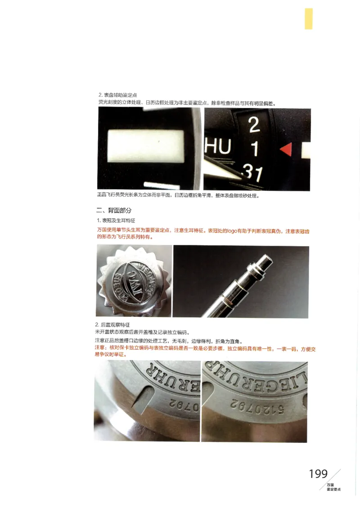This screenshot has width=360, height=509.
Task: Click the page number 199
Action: tap(318, 474)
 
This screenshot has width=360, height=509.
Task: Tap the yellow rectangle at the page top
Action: tap(308, 18)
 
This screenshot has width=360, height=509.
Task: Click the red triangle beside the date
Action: tap(286, 149)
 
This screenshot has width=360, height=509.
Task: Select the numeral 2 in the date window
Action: tap(254, 125)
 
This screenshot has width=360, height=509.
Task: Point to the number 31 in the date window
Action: tap(252, 173)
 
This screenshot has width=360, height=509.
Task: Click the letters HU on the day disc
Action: tap(218, 147)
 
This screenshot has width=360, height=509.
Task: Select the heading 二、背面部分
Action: tap(114, 211)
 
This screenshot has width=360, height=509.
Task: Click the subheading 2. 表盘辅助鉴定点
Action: tap(117, 95)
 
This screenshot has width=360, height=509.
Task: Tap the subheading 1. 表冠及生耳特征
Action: tap(116, 221)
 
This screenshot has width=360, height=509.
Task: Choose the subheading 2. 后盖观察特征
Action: tap(112, 324)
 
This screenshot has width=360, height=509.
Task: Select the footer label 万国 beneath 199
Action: tap(330, 485)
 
